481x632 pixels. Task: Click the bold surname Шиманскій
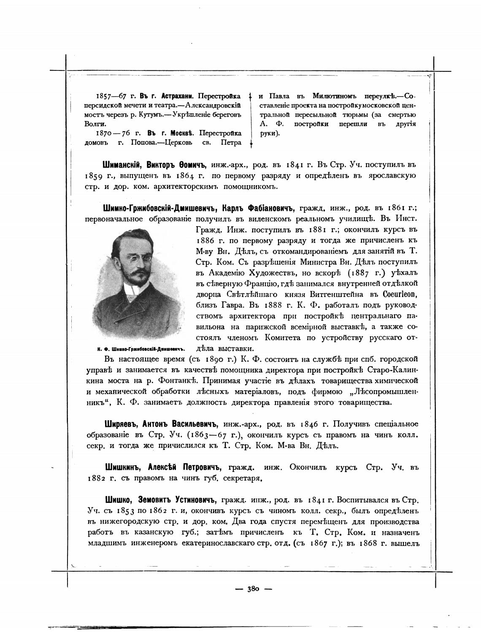(x=119, y=164)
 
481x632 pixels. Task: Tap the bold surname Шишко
(x=118, y=500)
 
